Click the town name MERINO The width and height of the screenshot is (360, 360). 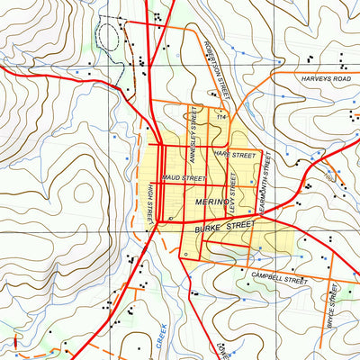tap(211, 204)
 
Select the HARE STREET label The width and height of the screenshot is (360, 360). tap(236, 156)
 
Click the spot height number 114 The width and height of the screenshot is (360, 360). tap(219, 117)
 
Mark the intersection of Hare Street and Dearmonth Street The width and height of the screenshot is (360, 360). tap(262, 148)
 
